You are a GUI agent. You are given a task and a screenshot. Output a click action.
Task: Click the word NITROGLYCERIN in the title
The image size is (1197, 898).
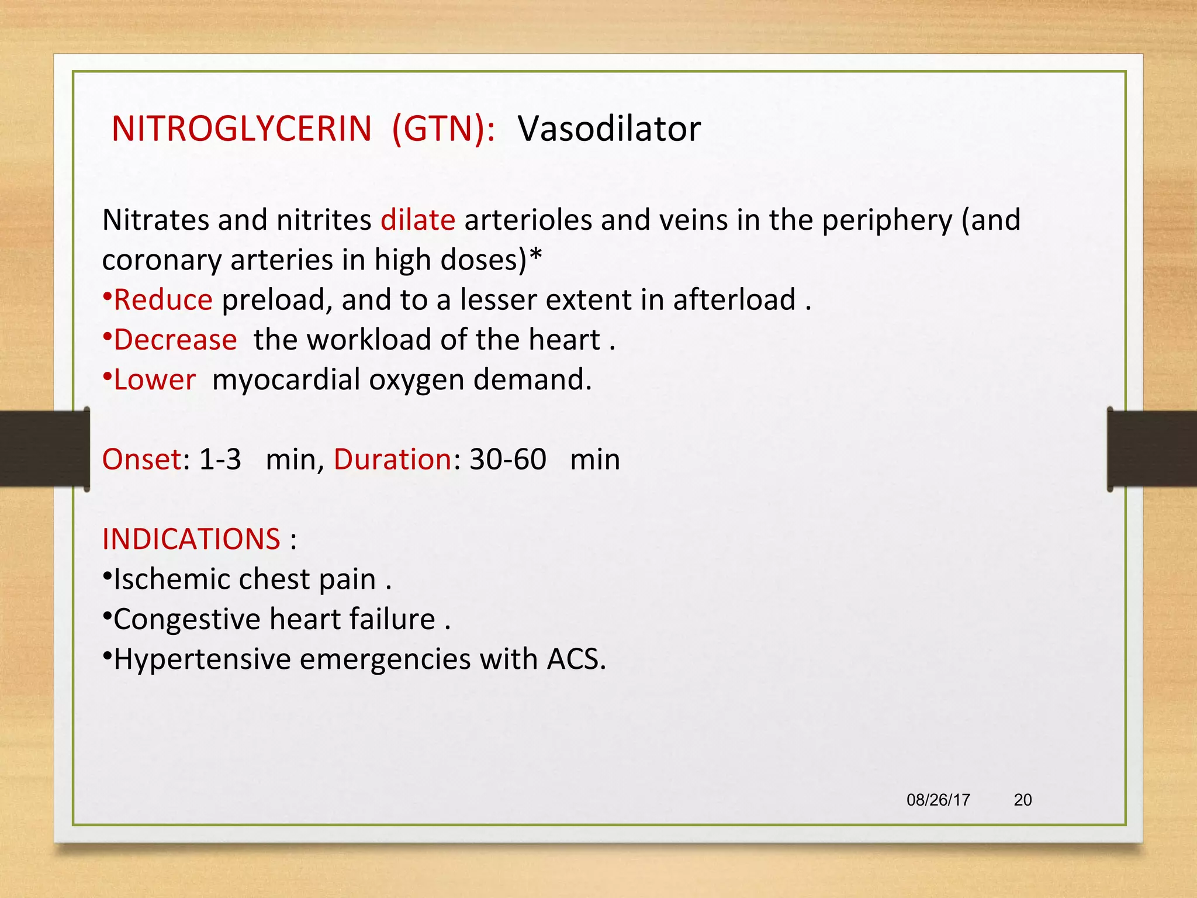241,129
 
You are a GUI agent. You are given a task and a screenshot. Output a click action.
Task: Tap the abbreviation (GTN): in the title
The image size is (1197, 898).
443,129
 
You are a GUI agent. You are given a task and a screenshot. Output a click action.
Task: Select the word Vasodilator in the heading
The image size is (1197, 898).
609,129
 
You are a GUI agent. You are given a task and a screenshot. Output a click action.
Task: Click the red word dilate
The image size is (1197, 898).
418,220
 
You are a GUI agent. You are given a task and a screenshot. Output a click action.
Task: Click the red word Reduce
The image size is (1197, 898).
162,300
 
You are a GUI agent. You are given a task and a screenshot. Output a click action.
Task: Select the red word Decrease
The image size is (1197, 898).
175,340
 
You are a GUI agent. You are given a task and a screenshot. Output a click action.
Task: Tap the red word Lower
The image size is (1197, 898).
154,380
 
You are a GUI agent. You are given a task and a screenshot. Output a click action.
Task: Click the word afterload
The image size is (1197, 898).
734,300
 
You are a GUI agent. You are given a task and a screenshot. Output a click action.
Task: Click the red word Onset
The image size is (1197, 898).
142,460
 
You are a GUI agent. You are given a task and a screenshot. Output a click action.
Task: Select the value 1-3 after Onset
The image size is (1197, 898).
220,460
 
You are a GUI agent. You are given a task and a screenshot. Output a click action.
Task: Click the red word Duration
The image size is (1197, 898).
392,460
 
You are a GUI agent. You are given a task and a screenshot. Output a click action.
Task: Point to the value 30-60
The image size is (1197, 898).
508,460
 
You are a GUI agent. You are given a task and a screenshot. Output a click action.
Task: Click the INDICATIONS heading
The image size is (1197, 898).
191,539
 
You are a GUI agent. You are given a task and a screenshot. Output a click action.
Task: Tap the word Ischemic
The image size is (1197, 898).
171,579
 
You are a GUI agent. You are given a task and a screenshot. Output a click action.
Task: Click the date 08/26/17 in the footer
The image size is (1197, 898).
938,800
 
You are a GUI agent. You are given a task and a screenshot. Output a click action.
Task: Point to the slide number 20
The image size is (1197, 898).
1022,800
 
